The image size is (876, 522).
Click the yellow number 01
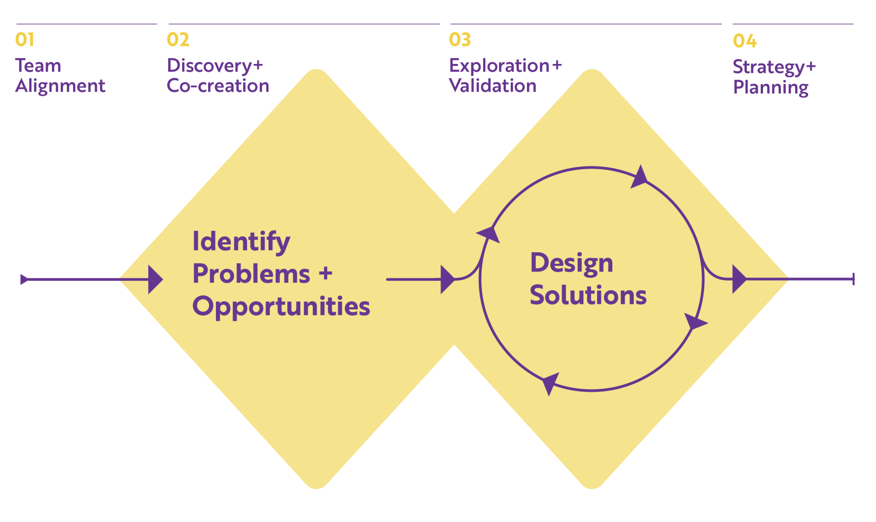[x=25, y=40]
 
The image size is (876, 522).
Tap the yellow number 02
[x=178, y=40]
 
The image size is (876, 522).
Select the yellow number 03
[x=459, y=40]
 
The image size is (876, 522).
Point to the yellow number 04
[x=744, y=41]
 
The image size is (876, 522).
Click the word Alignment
[x=60, y=86]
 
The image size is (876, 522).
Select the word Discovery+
[x=215, y=66]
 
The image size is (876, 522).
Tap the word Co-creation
[x=218, y=86]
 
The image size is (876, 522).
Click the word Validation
[x=493, y=86]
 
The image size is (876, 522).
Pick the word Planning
[x=770, y=88]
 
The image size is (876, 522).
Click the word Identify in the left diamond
[x=241, y=241]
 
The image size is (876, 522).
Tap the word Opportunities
[x=281, y=306]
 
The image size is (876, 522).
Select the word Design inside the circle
[x=571, y=263]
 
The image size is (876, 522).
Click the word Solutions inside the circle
[x=588, y=295]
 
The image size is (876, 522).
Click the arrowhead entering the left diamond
[x=155, y=279]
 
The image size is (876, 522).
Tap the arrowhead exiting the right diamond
[x=738, y=279]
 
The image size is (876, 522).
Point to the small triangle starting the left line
[x=24, y=279]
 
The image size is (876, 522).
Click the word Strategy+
[x=774, y=67]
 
